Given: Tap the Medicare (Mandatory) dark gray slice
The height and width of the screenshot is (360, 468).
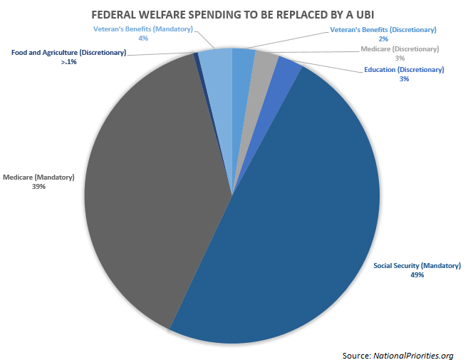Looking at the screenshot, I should pos(150,185).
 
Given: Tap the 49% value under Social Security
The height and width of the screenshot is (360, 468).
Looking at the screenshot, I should pos(416,274).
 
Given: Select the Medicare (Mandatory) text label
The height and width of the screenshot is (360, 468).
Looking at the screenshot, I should pos(38,178).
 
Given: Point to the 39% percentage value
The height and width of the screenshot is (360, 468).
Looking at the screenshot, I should pos(38,187).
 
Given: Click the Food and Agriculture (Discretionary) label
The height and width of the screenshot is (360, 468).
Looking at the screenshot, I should pos(68,53).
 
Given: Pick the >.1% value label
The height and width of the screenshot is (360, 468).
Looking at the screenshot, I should pos(68,62).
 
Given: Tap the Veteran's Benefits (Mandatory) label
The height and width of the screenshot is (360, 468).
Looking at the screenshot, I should pos(143,29).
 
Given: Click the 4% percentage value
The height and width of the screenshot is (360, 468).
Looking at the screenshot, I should pos(143,38).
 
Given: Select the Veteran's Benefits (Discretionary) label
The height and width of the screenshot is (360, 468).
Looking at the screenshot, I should pos(383,30).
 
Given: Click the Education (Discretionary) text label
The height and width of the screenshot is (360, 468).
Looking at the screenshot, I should pos(404,70).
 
